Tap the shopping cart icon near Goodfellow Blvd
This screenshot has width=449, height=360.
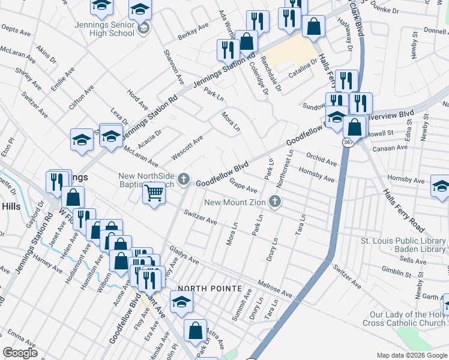[x=154, y=193]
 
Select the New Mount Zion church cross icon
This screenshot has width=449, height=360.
[x=276, y=202]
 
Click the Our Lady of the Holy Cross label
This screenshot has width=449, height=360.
[x=408, y=319]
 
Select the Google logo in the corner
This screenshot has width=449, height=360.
[x=20, y=353]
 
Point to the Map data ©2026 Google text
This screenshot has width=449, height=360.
[x=411, y=355]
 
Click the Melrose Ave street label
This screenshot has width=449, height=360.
[x=274, y=287]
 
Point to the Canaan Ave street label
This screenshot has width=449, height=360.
[x=390, y=148]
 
